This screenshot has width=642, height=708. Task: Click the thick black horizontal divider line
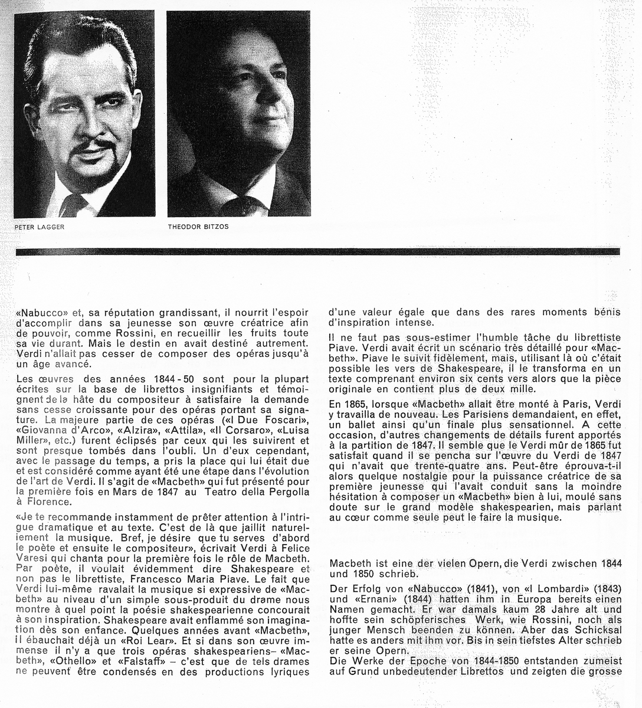(x=319, y=251)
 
